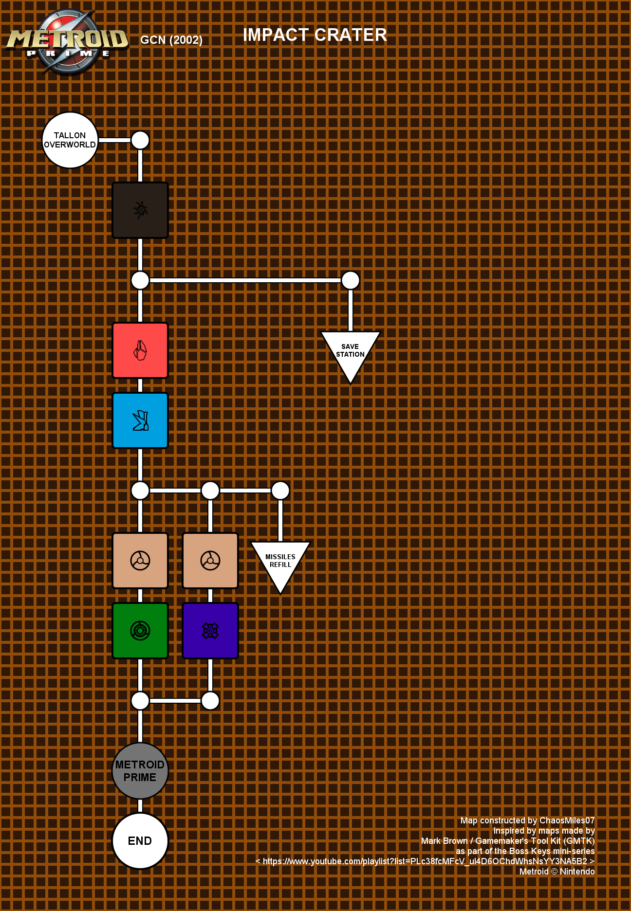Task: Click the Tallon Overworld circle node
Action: pyautogui.click(x=70, y=140)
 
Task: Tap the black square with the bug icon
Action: pyautogui.click(x=140, y=210)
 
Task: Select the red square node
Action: pyautogui.click(x=140, y=350)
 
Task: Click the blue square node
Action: pyautogui.click(x=140, y=420)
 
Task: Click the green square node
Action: pyautogui.click(x=140, y=631)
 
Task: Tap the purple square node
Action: pyautogui.click(x=210, y=631)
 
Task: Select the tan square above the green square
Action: pyautogui.click(x=140, y=561)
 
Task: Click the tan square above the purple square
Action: pyautogui.click(x=210, y=561)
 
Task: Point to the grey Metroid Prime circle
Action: pyautogui.click(x=140, y=771)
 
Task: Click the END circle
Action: pyautogui.click(x=140, y=841)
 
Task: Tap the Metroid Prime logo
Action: pyautogui.click(x=67, y=42)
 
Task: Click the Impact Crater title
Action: pyautogui.click(x=315, y=35)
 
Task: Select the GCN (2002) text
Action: pyautogui.click(x=171, y=40)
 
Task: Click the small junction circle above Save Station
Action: pyautogui.click(x=351, y=280)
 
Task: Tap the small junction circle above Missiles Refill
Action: pyautogui.click(x=280, y=491)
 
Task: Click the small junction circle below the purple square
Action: pyautogui.click(x=210, y=701)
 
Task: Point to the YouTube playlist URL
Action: pyautogui.click(x=425, y=861)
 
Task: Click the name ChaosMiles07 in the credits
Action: pyautogui.click(x=567, y=820)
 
